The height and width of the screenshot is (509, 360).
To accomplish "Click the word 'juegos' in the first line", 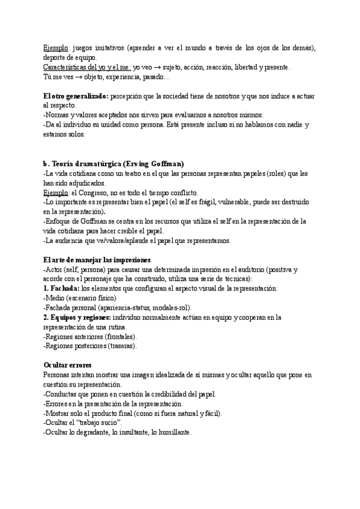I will click(x=85, y=48).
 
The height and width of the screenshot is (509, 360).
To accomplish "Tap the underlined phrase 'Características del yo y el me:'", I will click(x=87, y=67).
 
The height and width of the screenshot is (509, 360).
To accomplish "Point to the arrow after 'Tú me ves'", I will click(x=78, y=77).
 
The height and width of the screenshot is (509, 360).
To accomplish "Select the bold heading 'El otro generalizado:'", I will click(x=77, y=96).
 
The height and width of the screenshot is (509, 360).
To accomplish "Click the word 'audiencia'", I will click(x=74, y=240).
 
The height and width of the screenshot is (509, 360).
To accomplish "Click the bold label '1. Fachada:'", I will click(x=61, y=288).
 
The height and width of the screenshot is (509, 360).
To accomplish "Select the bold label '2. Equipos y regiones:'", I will click(x=77, y=317).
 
